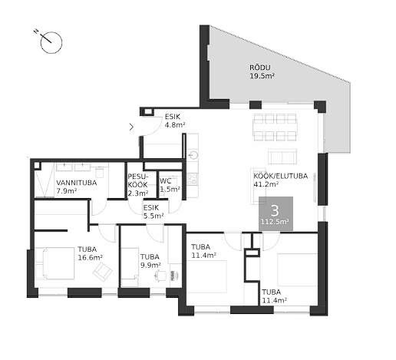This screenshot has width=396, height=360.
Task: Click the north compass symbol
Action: tap(51, 42)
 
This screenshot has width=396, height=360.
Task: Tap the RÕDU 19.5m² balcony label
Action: tap(262, 72)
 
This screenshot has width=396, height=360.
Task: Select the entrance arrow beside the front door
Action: tap(131, 127)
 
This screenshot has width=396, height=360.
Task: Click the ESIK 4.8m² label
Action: tap(175, 121)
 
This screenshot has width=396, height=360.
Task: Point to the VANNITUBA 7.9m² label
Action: tap(76, 187)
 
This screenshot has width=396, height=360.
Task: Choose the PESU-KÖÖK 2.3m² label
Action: tap(138, 185)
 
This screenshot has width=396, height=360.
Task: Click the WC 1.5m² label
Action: tap(170, 185)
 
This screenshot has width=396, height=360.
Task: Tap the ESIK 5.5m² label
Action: tap(153, 212)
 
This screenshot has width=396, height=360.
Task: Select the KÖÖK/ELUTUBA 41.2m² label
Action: tap(280, 180)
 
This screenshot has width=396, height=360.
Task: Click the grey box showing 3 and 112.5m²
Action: tap(276, 213)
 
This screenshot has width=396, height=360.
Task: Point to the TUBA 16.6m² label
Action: tap(90, 253)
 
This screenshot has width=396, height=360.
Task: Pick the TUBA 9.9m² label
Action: tap(150, 261)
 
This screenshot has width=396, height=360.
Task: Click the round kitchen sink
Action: tap(193, 155)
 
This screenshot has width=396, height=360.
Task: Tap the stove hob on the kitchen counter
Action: tap(192, 179)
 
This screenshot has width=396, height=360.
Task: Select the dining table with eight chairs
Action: tap(275, 127)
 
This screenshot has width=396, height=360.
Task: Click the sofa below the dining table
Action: tap(282, 156)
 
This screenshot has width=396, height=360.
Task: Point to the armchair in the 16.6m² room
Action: tap(102, 272)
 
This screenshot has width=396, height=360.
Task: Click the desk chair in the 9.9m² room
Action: tap(160, 276)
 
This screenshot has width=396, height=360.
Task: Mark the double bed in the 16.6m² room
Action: tap(54, 263)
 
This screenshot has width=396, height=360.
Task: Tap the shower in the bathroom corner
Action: tap(44, 180)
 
